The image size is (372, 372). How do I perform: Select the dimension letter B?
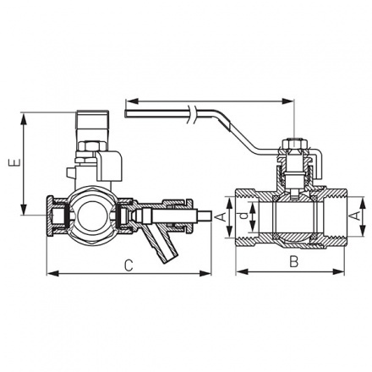click(293, 262)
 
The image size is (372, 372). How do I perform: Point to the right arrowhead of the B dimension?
click(346, 272)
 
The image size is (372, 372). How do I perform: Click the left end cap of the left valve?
click(56, 217)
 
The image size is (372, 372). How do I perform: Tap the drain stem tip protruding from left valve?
click(203, 216)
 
